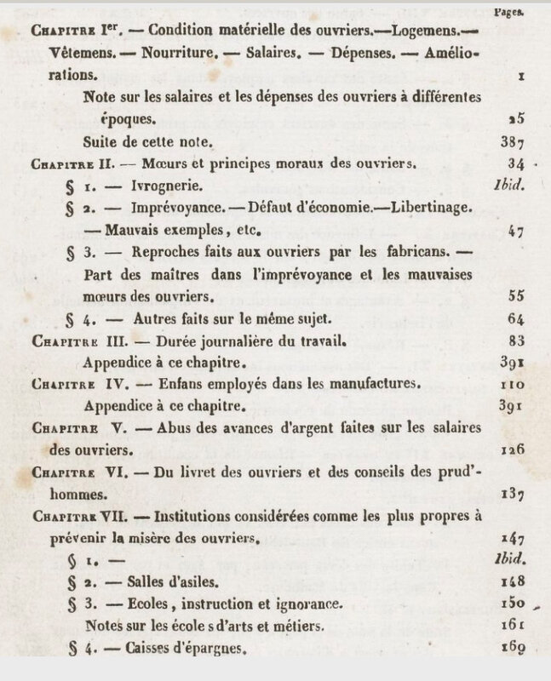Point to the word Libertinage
pos(428,208)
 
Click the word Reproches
pos(171,252)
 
